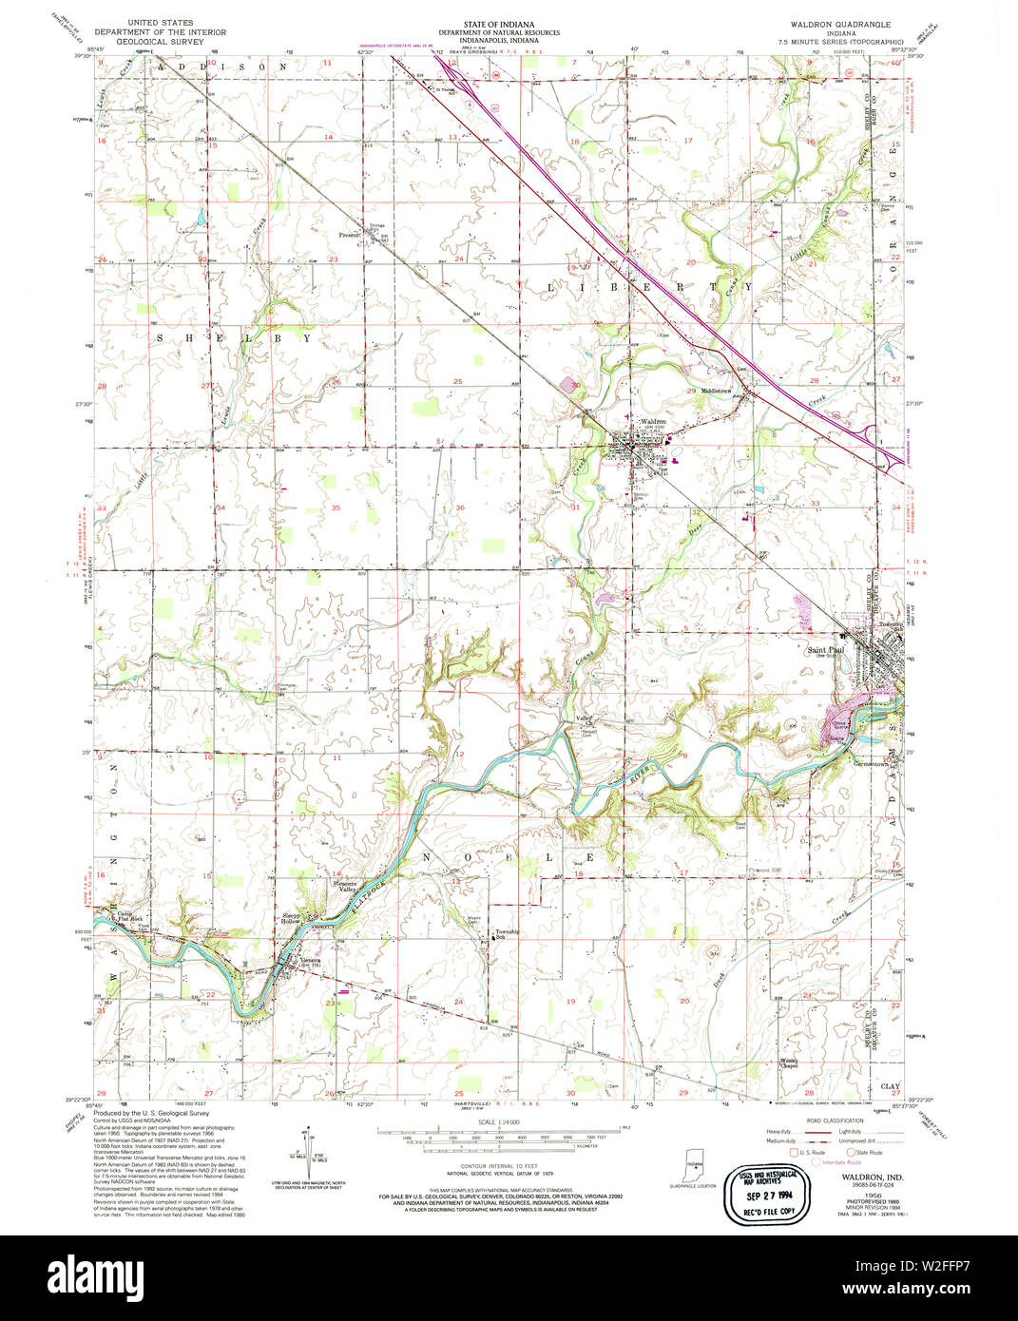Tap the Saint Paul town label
click(x=824, y=650)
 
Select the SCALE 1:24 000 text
click(x=493, y=1122)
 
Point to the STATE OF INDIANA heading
click(x=498, y=23)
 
